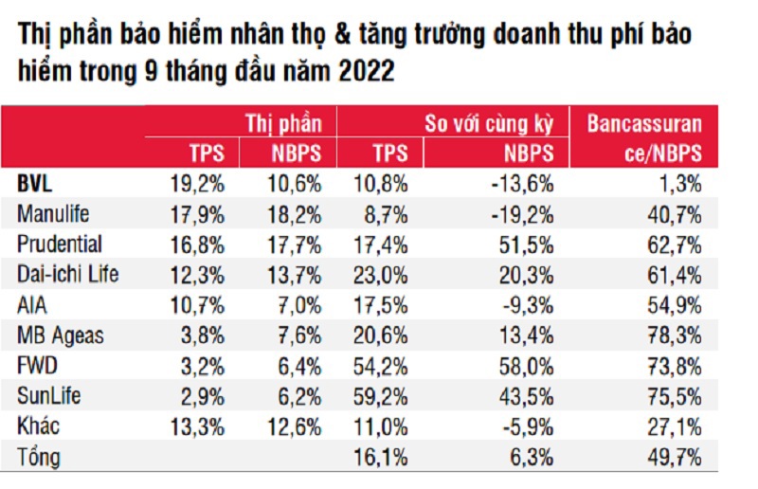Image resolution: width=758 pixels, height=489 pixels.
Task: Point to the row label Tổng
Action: click(x=39, y=458)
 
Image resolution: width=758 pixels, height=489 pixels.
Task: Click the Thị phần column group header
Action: click(x=283, y=123)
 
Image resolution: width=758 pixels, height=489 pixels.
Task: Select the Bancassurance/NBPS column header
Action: click(x=644, y=138)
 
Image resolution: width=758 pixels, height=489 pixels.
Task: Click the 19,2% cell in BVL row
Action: click(x=200, y=182)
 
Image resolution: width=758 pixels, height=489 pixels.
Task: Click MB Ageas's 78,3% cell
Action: click(x=675, y=335)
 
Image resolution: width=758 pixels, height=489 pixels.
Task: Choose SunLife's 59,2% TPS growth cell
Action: click(x=382, y=397)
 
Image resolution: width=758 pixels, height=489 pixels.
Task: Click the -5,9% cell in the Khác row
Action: click(x=527, y=427)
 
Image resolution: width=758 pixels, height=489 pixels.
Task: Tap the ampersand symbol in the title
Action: click(x=356, y=36)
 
